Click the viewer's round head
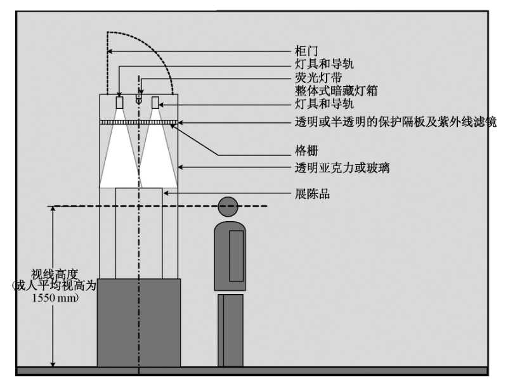point(228,206)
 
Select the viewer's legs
point(230,330)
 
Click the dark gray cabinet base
point(139,322)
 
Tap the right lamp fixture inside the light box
point(155,102)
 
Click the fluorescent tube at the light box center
point(138,100)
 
